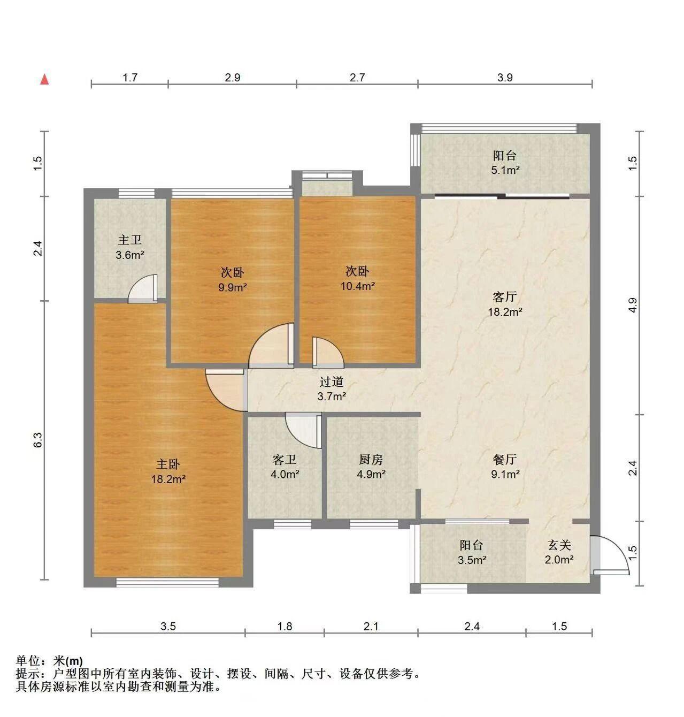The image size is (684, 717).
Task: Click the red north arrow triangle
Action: (x=44, y=79)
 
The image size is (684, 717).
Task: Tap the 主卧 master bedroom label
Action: (x=168, y=464)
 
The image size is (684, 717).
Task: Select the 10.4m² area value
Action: (x=358, y=286)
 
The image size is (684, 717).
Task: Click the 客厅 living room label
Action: (x=505, y=297)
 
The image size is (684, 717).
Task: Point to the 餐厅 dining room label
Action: (x=505, y=460)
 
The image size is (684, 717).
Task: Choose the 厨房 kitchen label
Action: (x=371, y=460)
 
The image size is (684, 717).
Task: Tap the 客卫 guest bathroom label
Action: (x=285, y=460)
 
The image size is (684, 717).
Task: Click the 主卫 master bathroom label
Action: (x=130, y=240)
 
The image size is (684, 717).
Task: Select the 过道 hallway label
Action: (x=332, y=382)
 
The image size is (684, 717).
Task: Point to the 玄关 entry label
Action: (x=559, y=545)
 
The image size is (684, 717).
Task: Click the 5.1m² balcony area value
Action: (x=505, y=170)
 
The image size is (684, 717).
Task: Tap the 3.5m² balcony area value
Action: (x=472, y=560)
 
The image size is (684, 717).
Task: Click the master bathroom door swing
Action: (x=143, y=288)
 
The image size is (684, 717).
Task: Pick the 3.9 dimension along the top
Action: (x=505, y=77)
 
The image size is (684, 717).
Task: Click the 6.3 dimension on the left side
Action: (x=39, y=440)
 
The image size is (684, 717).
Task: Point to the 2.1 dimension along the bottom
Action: (x=371, y=627)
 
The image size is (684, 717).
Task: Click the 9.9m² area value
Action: (x=233, y=287)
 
